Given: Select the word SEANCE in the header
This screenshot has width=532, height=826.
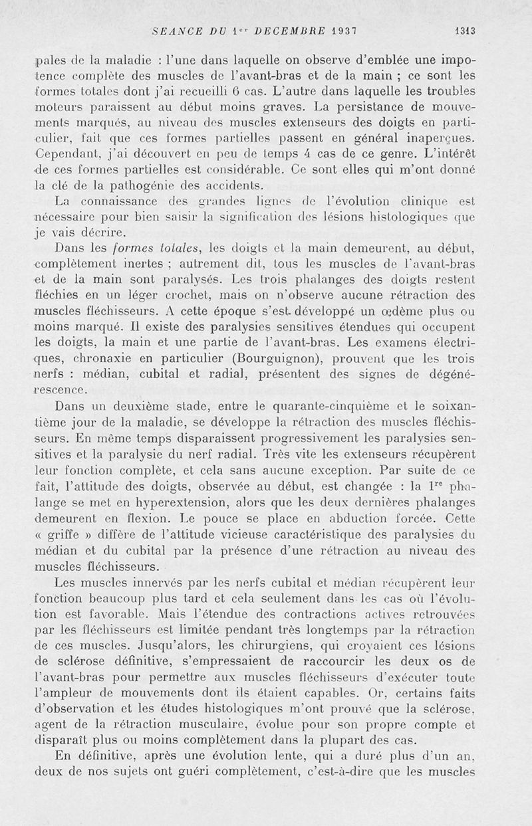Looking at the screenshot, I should click(x=173, y=29).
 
